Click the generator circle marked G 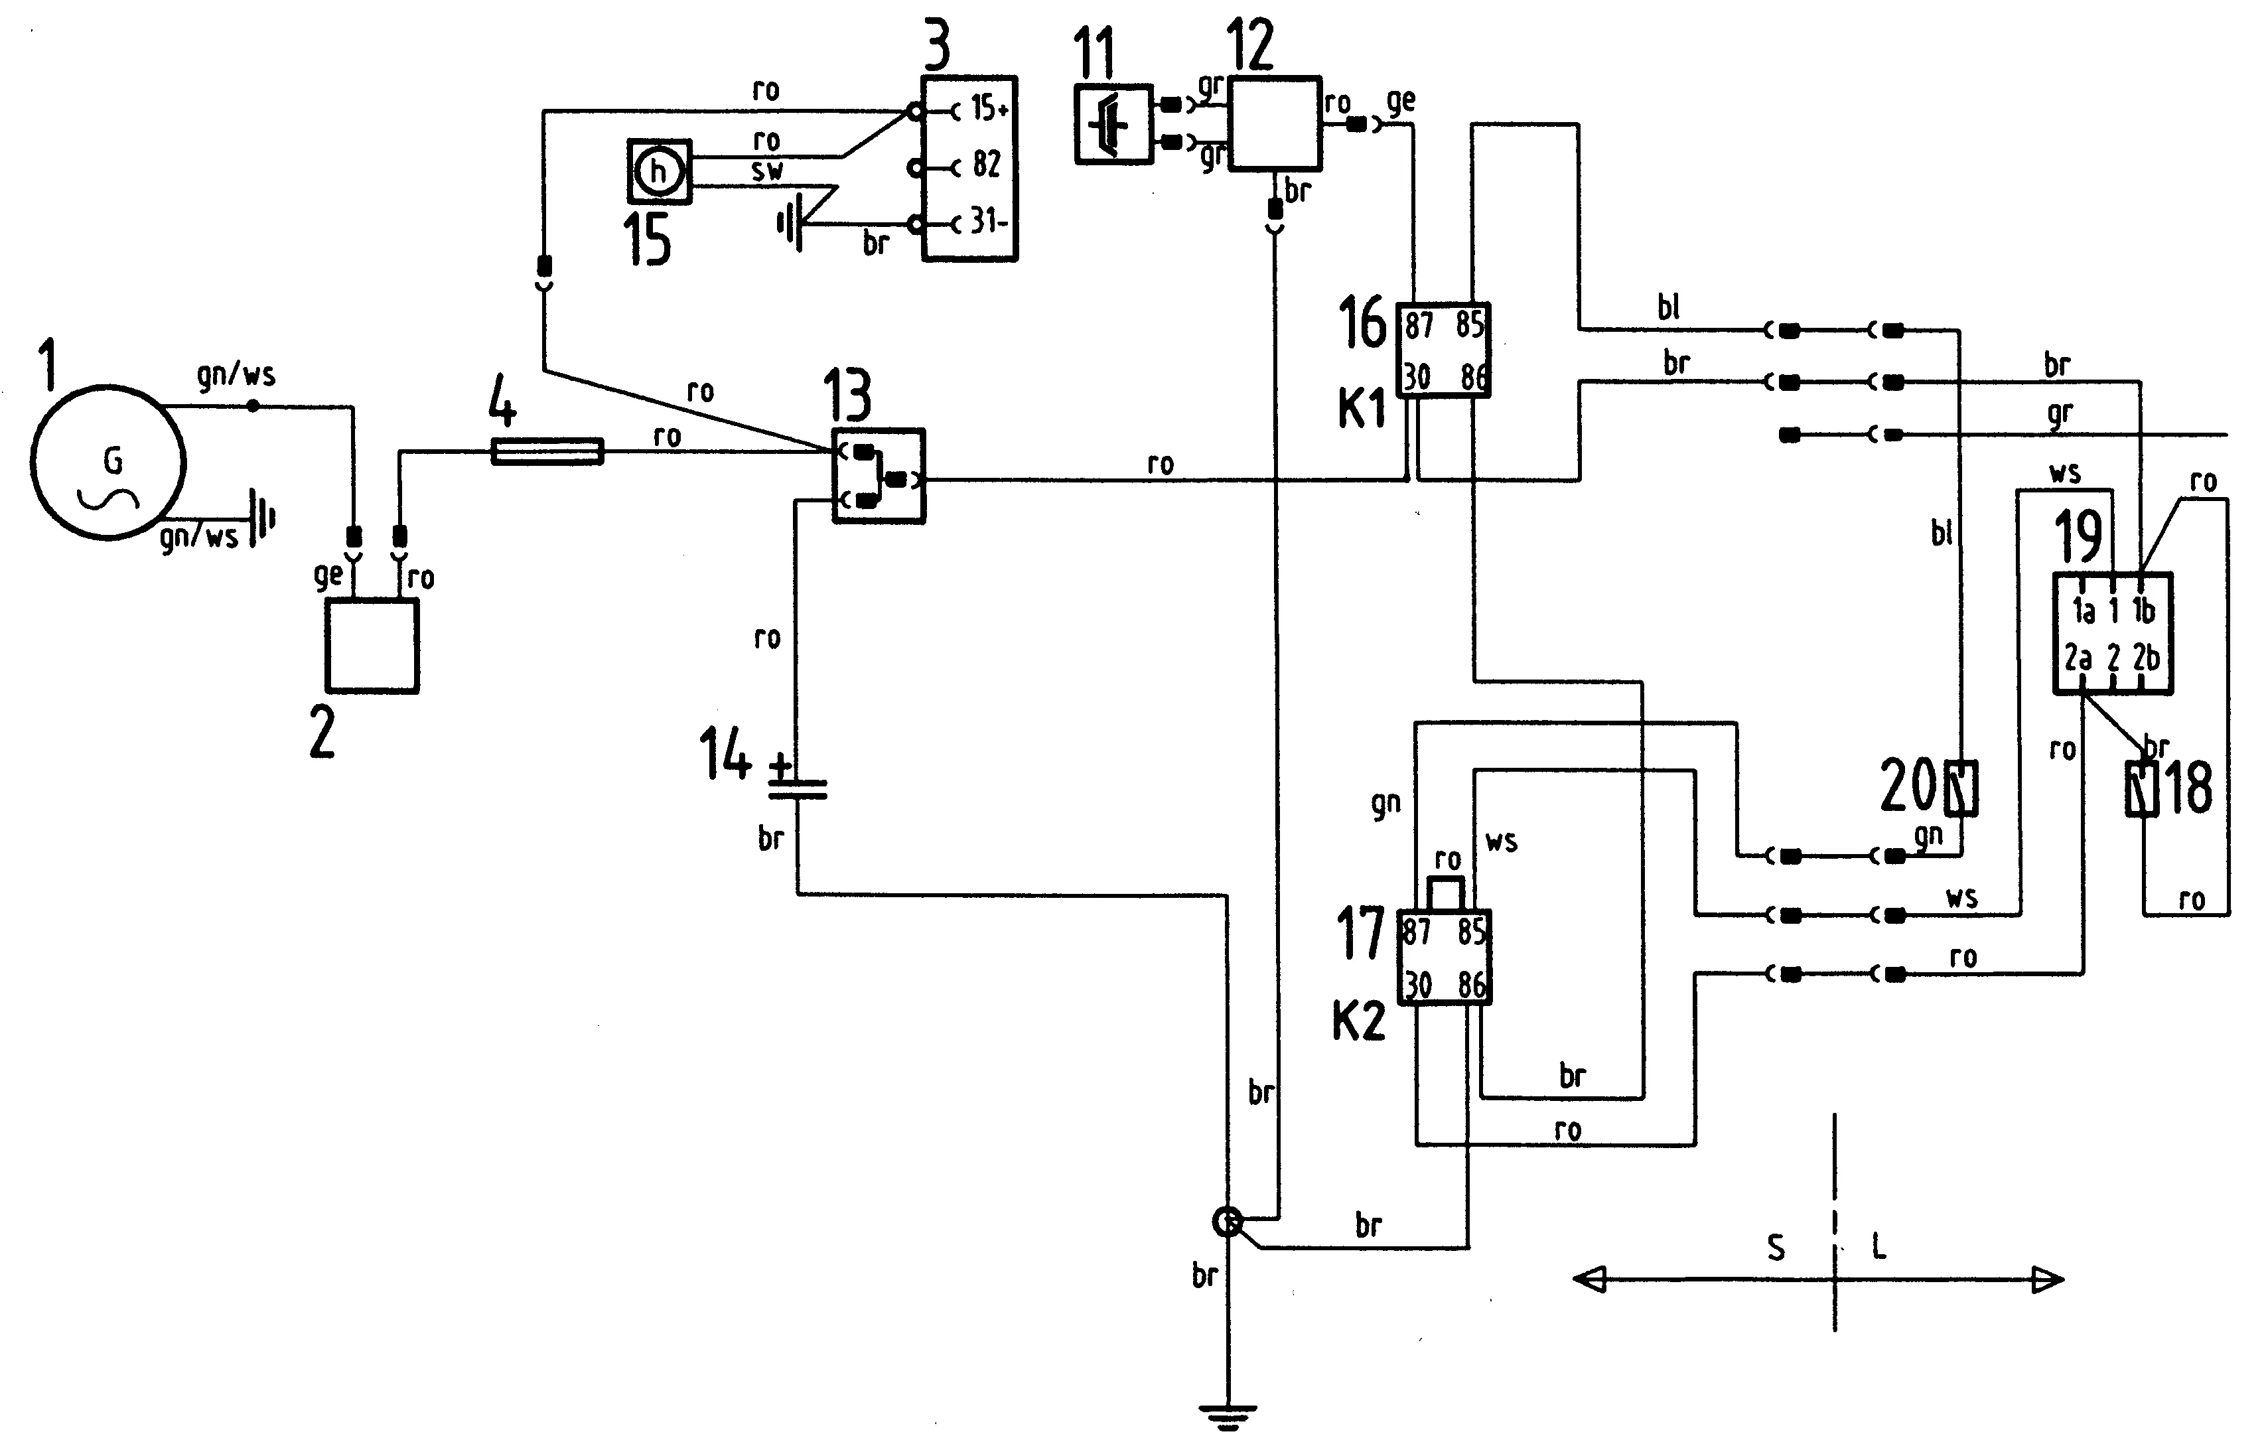click(107, 462)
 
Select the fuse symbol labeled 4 click(547, 452)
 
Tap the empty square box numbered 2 click(372, 646)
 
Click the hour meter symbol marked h click(659, 172)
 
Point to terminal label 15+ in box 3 click(989, 109)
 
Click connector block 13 click(879, 476)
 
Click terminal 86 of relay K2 click(1471, 986)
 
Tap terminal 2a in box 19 click(2078, 657)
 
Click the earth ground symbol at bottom click(1228, 1414)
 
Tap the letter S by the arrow click(1776, 1248)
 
